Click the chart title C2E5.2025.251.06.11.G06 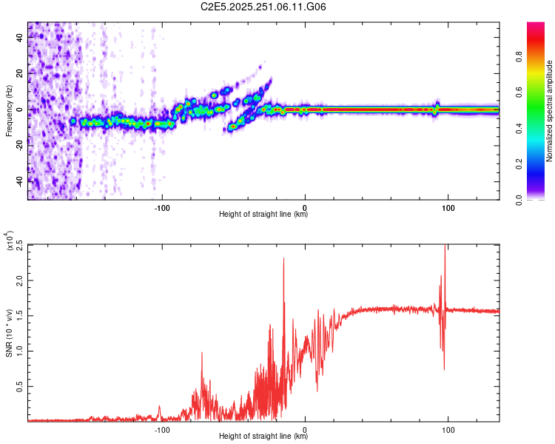coord(263,7)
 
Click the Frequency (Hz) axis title coord(9,110)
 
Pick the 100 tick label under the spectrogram coord(448,206)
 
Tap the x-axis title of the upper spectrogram coord(263,215)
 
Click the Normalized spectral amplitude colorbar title coord(549,111)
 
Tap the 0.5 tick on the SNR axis coord(18,386)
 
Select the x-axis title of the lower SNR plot coord(263,437)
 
